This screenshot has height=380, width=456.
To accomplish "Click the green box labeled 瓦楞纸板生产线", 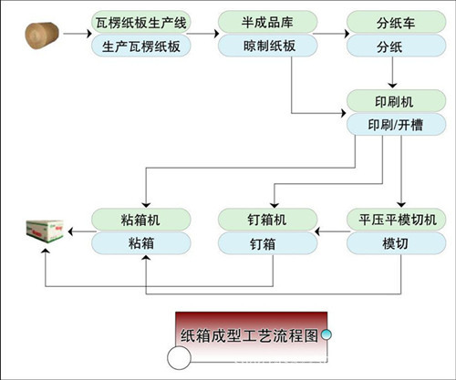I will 141,20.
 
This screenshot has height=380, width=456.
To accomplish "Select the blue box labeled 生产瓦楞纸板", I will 141,46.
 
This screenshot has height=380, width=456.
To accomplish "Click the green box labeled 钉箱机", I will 268,219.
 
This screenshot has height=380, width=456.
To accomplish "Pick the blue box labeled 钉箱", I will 268,243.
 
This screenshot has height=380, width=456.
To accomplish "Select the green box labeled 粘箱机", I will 141,219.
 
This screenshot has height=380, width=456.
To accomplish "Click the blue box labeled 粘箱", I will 141,243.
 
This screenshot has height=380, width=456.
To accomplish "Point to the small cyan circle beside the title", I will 326,334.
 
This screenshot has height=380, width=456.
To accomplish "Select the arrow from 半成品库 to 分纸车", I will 334,34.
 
